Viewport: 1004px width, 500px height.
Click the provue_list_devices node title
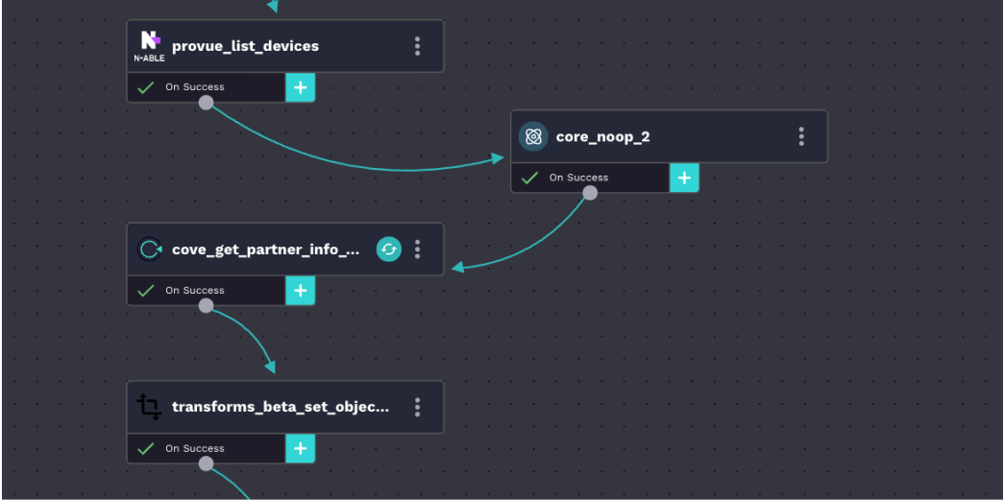245,46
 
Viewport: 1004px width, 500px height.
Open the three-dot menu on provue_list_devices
417,46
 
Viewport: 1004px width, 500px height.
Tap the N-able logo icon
150,45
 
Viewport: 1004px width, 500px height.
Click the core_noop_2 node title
602,136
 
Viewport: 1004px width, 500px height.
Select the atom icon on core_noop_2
533,136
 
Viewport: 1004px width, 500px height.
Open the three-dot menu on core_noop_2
801,136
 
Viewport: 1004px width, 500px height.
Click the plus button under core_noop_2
684,178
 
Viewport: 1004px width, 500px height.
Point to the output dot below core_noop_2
590,193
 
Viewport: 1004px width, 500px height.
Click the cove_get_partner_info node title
266,250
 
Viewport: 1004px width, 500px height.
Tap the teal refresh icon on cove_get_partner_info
388,250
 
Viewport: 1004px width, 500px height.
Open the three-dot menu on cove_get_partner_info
417,250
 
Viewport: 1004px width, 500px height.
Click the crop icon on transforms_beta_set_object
149,407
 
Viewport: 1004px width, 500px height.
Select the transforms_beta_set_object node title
281,407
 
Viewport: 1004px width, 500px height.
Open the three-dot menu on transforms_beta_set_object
417,407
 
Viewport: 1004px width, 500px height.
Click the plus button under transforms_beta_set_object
301,448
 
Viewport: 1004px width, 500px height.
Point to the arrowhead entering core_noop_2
498,158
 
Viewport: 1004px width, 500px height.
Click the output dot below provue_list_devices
206,103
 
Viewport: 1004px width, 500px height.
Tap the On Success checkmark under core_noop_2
529,178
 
